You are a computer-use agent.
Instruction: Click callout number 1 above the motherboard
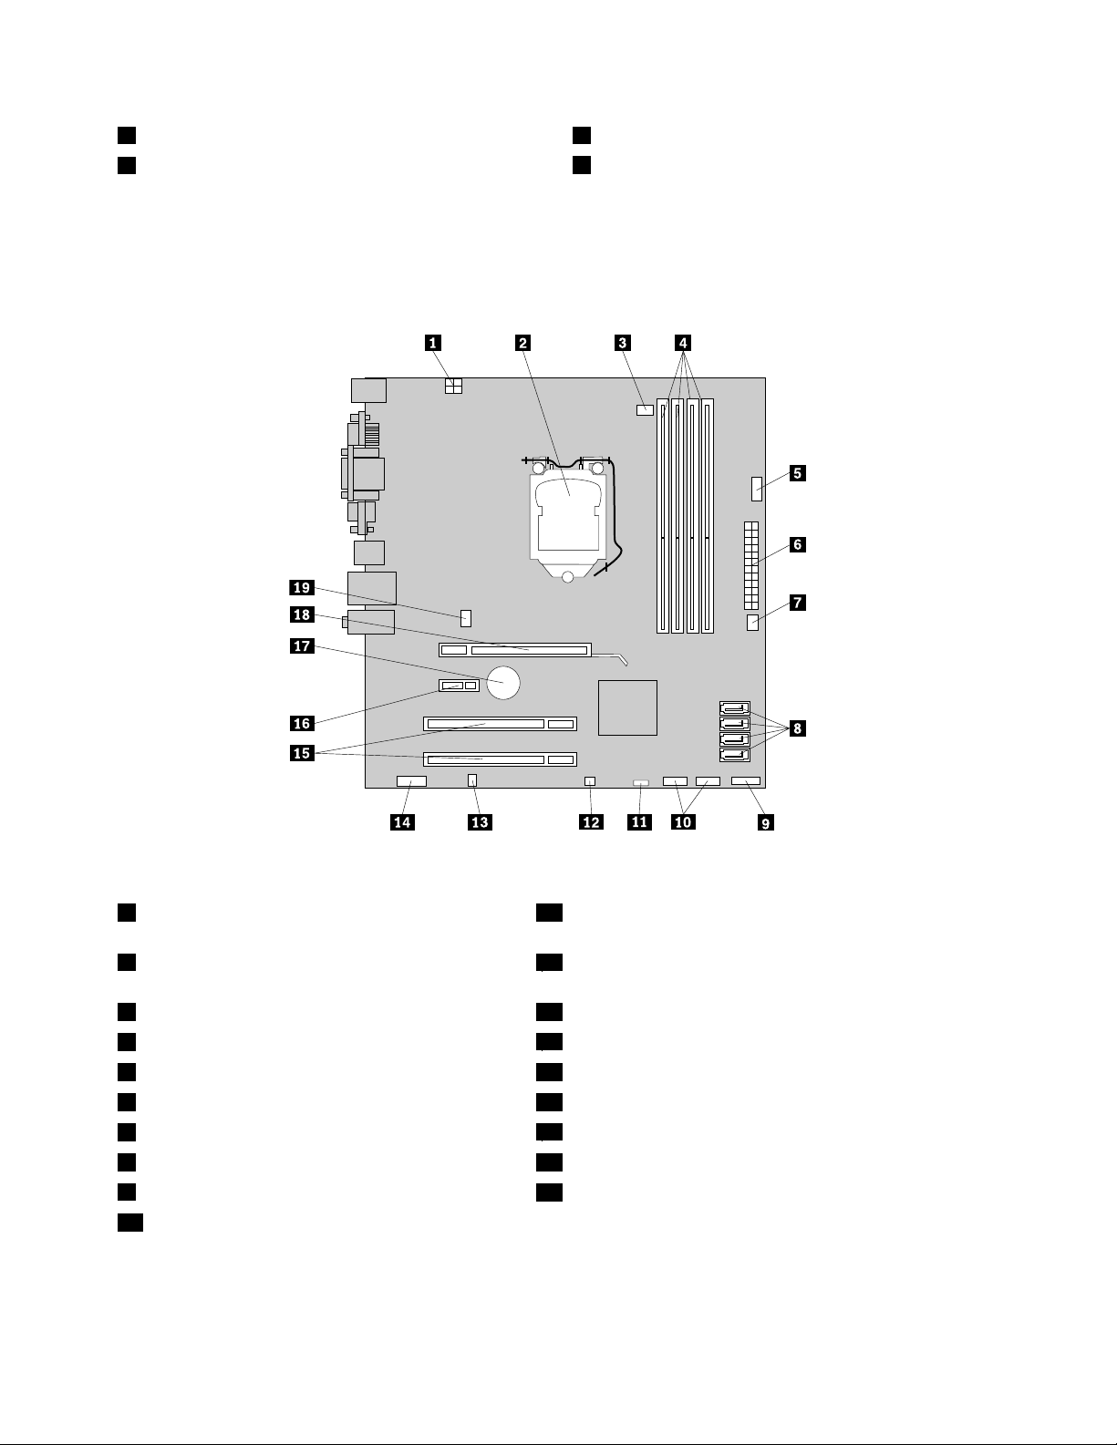click(x=433, y=343)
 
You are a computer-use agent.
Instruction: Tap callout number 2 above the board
click(x=522, y=343)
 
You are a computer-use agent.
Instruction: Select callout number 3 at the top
click(x=622, y=343)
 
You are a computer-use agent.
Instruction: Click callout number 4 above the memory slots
click(x=682, y=343)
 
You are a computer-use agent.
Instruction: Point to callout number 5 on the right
click(x=796, y=473)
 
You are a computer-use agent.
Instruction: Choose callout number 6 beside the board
click(x=796, y=545)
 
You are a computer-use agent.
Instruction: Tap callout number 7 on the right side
click(x=796, y=603)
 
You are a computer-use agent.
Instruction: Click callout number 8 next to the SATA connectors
click(x=796, y=728)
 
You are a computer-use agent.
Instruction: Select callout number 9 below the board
click(x=766, y=822)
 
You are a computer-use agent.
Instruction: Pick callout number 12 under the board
click(x=591, y=822)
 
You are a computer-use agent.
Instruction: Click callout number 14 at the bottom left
click(x=401, y=822)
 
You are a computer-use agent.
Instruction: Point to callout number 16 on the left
click(x=301, y=723)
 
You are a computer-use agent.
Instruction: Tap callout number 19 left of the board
click(x=301, y=588)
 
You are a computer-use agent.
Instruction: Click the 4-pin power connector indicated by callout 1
click(x=454, y=387)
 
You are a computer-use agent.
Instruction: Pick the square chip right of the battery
click(x=627, y=707)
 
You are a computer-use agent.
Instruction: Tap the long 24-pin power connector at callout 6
click(x=752, y=566)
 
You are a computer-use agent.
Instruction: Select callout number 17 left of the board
click(x=301, y=646)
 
